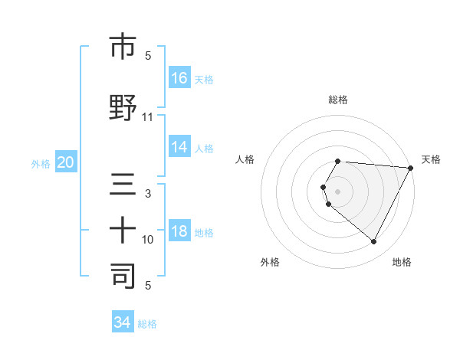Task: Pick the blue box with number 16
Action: [179, 77]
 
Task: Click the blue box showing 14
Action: [179, 147]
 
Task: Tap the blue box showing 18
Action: [179, 232]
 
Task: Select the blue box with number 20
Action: [66, 162]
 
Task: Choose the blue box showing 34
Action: [123, 322]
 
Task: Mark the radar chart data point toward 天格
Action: [411, 168]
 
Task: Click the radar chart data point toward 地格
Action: [374, 242]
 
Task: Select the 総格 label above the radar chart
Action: [337, 100]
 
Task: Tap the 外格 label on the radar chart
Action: [270, 262]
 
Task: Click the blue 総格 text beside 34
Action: [147, 324]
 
